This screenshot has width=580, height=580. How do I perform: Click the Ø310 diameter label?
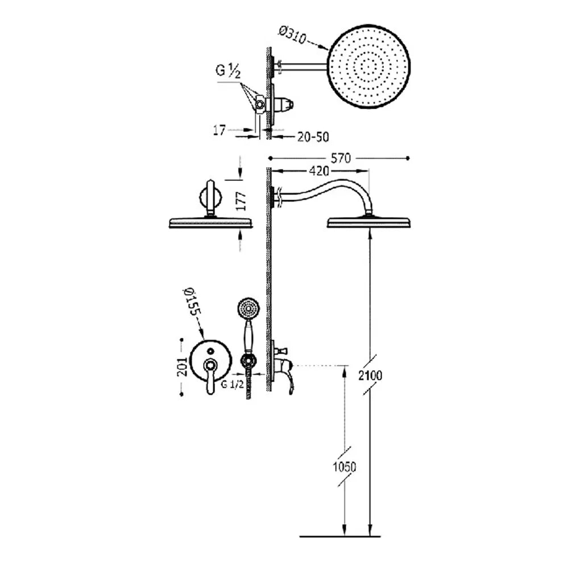(293, 35)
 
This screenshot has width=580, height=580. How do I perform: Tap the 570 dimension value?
(340, 158)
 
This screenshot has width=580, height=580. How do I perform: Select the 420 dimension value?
(318, 171)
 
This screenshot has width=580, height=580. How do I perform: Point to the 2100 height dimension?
(370, 375)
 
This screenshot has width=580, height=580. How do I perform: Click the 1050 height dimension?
(345, 467)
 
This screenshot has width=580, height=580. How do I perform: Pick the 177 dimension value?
(241, 202)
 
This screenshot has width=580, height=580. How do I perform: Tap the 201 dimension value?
(182, 367)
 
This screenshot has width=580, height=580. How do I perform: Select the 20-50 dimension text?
(313, 137)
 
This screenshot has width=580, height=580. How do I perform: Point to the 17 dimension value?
(219, 130)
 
